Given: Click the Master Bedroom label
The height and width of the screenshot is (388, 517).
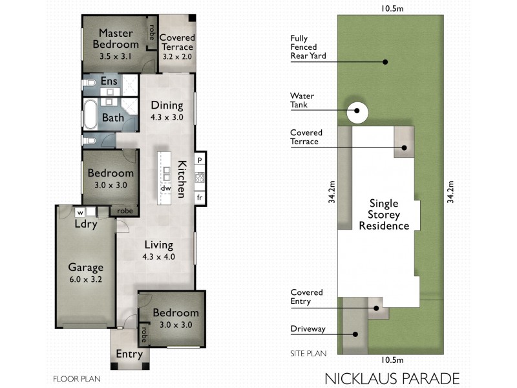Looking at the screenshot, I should click(116, 38).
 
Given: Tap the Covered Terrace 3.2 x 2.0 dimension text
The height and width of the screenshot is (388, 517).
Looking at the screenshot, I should click(176, 57).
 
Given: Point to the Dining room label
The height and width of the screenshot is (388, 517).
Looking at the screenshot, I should click(167, 105).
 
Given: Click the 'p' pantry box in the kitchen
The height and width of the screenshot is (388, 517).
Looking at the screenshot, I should click(200, 159).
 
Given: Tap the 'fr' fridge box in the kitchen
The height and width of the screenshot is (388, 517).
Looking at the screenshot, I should click(200, 197).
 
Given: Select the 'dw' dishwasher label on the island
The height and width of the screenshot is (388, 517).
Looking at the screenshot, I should click(165, 188).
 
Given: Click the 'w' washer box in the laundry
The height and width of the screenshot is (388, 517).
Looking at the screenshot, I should click(81, 211).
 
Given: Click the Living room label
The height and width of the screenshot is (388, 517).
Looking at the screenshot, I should click(158, 245).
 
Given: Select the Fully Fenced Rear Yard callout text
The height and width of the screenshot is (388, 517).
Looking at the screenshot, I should click(308, 47).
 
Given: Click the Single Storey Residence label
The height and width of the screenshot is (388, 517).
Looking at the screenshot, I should click(384, 214).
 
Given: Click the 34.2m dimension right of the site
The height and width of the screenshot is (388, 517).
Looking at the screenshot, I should click(451, 193).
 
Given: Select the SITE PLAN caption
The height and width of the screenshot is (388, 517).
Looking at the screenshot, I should click(308, 354).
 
